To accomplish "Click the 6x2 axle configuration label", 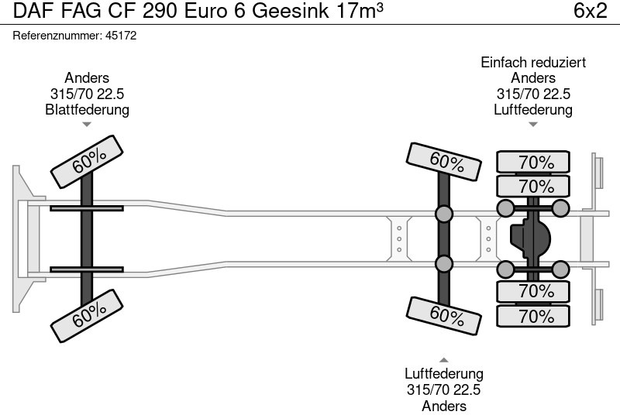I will point(590,12).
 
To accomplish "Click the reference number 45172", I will point(122,36).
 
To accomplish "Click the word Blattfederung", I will point(87,110).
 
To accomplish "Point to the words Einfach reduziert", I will point(533,63).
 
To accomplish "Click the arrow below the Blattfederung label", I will point(87,124).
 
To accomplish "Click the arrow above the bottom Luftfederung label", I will point(444,359).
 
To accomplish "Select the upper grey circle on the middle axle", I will point(444,214).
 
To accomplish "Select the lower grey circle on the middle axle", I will point(444,264).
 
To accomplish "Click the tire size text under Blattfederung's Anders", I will point(87,94).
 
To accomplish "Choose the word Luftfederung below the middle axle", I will point(444,374).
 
